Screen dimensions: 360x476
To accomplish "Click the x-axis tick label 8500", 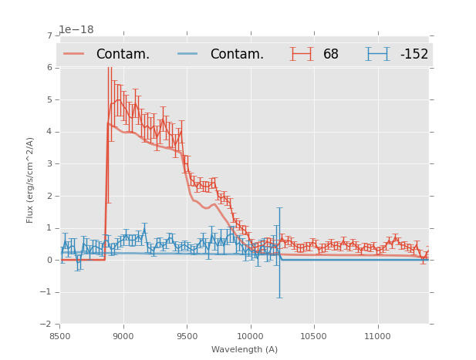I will click(x=60, y=336).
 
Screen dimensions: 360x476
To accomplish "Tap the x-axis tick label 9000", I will click(x=123, y=336).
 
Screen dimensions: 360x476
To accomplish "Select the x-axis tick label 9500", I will click(x=187, y=336).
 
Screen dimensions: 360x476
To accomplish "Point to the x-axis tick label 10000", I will click(x=250, y=336).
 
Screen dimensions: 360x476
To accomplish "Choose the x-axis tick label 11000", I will click(x=377, y=336).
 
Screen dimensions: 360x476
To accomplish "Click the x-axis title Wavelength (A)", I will click(x=245, y=349).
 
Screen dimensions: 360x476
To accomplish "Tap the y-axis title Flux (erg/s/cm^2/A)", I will click(x=30, y=180).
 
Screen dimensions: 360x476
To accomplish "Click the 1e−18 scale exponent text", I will click(x=76, y=30).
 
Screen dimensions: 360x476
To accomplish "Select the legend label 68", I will click(x=331, y=54).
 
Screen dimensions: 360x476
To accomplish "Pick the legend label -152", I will click(x=414, y=54).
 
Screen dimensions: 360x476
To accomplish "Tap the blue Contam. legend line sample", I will click(x=187, y=54).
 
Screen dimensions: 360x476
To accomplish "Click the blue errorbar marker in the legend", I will click(x=377, y=54).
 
